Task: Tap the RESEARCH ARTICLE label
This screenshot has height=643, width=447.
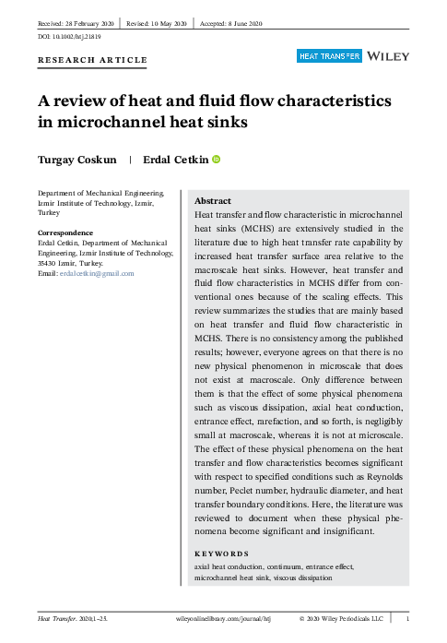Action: [x=91, y=60]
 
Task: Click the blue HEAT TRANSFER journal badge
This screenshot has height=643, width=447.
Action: [x=328, y=56]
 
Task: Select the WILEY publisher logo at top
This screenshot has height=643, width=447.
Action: [x=387, y=56]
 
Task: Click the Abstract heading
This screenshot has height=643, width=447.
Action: [x=213, y=200]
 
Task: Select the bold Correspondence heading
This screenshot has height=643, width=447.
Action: [x=65, y=232]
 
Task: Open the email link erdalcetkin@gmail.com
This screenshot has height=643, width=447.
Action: [x=97, y=273]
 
